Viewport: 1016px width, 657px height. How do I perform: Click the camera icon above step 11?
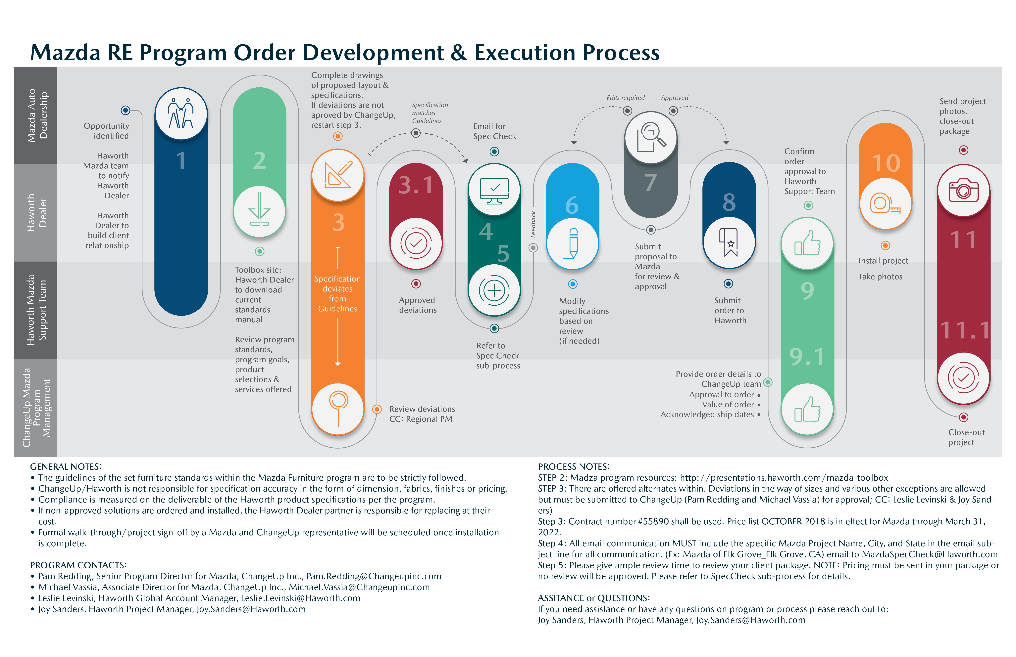pyautogui.click(x=963, y=190)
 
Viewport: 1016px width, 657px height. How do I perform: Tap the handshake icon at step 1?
pyautogui.click(x=181, y=113)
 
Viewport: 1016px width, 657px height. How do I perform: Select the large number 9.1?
pyautogui.click(x=807, y=357)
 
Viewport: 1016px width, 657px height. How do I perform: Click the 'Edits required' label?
pyautogui.click(x=625, y=98)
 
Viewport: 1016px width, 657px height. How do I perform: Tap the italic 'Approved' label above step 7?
pyautogui.click(x=675, y=98)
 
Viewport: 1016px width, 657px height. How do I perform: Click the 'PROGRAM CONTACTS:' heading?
pyautogui.click(x=78, y=565)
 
